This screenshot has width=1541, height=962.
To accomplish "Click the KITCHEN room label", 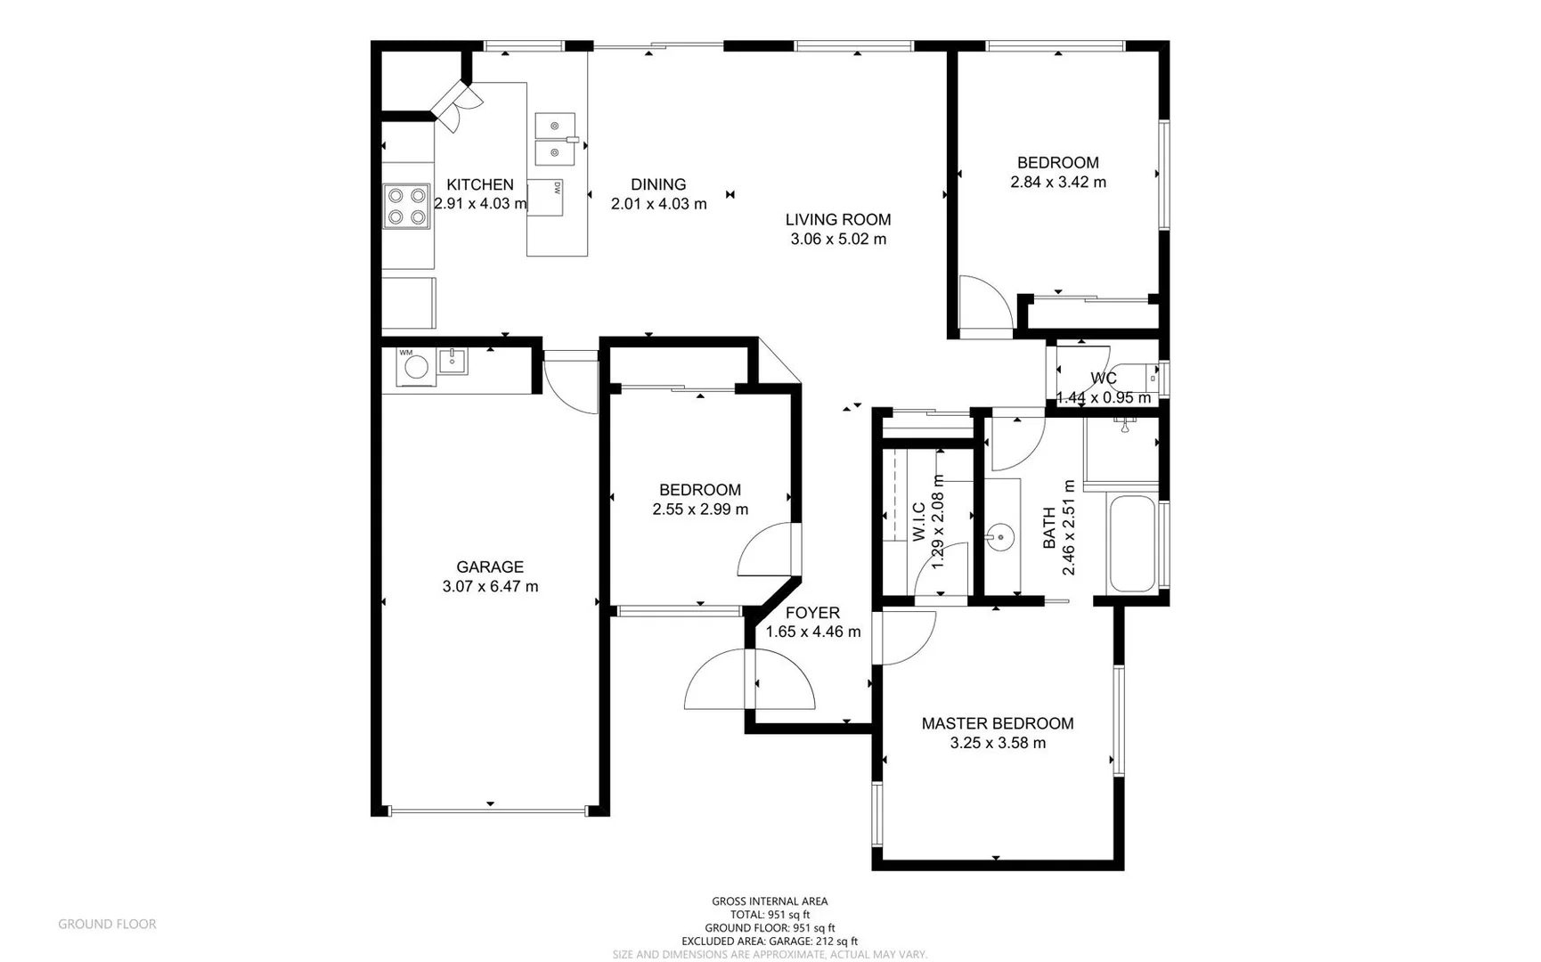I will (x=479, y=184).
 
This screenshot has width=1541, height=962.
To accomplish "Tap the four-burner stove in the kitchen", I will (x=406, y=206).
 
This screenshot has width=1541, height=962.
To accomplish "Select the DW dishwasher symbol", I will (x=545, y=198).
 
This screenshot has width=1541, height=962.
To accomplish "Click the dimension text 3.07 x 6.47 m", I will (x=490, y=586).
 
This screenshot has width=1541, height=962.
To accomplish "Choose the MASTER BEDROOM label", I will (x=997, y=723).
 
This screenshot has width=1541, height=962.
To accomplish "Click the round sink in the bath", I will (x=1000, y=537).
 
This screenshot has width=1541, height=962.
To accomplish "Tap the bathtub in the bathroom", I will (x=1131, y=542).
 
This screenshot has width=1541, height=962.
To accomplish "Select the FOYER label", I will (x=811, y=613).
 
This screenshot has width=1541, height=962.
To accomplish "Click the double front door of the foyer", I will (x=749, y=680).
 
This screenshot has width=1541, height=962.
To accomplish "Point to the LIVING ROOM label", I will (x=837, y=219).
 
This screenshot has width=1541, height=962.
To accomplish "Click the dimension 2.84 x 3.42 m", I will (x=1057, y=182).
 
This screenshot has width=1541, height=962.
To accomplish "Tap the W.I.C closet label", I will (x=918, y=521).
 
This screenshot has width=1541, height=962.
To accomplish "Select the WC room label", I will (x=1103, y=378).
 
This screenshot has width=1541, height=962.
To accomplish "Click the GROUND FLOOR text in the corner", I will (x=107, y=924).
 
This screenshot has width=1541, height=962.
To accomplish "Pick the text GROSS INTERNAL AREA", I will (x=769, y=901).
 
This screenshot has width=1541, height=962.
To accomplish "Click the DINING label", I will (x=658, y=184).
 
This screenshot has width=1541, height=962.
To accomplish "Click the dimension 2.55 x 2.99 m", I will (x=699, y=510).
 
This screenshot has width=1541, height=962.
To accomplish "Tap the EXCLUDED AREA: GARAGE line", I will (x=769, y=941).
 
